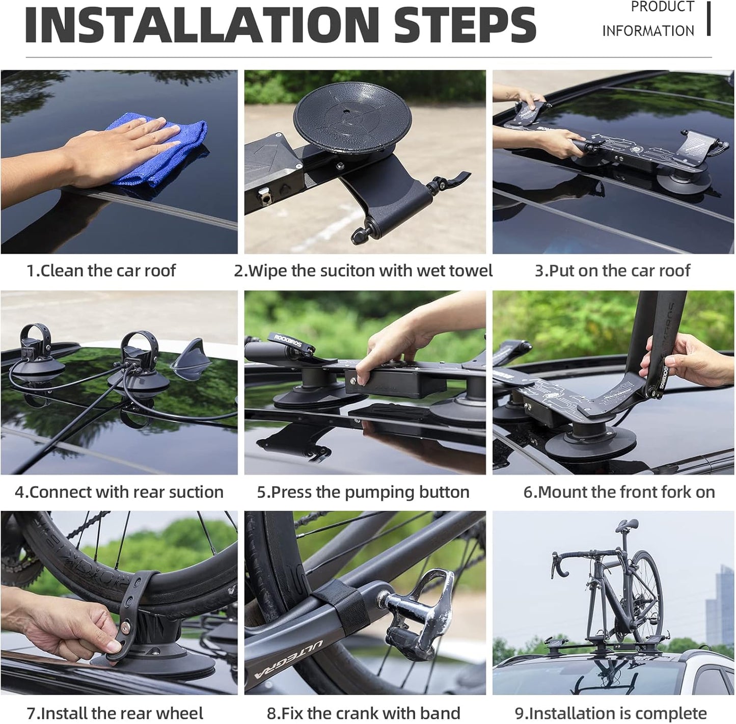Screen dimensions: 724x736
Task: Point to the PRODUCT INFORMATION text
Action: coord(648,19)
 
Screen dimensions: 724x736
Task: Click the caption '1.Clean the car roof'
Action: coord(101,271)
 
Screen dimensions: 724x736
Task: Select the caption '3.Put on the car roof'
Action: coord(612,271)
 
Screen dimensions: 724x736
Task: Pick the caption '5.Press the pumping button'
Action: coord(363,492)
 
